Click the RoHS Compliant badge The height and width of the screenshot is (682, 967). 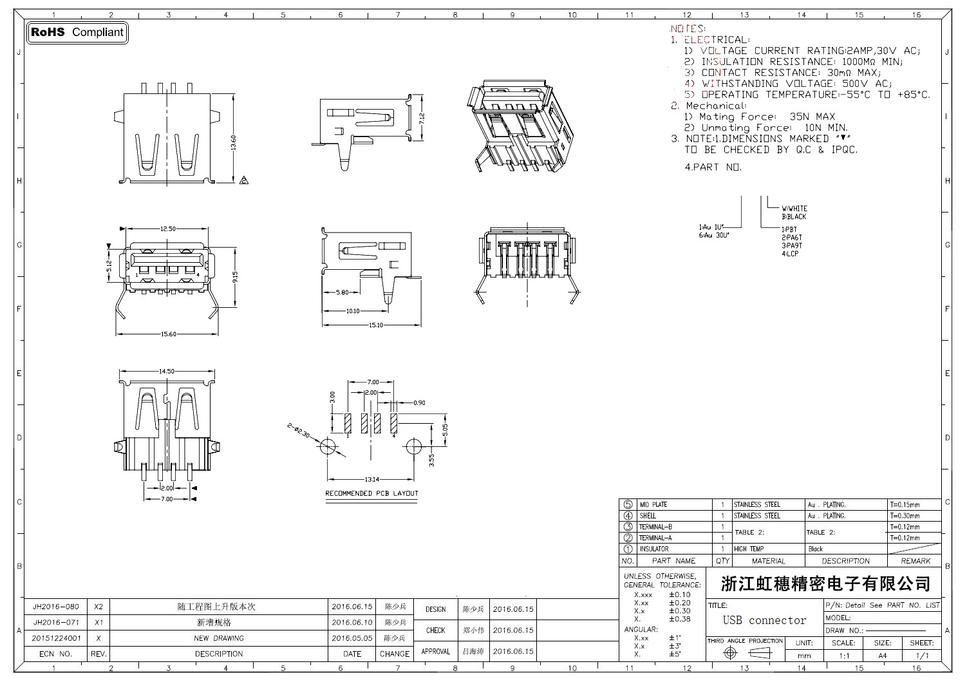coord(77,32)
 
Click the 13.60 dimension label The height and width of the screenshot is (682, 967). coord(233,142)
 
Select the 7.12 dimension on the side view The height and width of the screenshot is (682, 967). coord(422,119)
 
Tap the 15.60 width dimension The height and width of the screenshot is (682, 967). coord(168,334)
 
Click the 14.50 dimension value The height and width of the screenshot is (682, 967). coord(166,371)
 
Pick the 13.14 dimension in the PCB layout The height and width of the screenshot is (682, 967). coord(372,479)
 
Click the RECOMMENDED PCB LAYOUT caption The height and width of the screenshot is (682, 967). coord(371,493)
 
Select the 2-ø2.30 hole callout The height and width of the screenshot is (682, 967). coord(299,431)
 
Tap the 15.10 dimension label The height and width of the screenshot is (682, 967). coord(376,325)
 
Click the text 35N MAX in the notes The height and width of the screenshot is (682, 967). coord(812,117)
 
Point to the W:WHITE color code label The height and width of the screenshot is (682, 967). coord(794,209)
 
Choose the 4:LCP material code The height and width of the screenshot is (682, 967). coord(790,254)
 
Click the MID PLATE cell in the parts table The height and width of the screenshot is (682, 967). coord(653,505)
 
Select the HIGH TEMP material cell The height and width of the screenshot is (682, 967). coord(749,549)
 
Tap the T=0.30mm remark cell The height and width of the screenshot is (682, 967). coord(905,516)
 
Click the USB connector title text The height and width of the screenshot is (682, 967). coord(764,620)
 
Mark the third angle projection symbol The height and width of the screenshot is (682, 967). coord(745,653)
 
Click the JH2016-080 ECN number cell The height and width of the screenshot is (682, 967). coord(56,607)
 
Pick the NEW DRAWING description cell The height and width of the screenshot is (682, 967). coord(219,638)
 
